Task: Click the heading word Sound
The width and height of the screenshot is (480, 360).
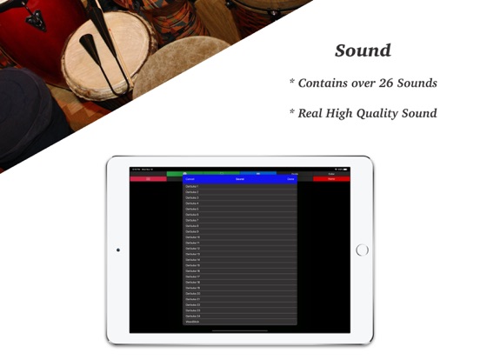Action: click(x=363, y=50)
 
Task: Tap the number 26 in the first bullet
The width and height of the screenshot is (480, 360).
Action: click(x=386, y=83)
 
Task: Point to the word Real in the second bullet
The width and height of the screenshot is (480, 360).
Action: click(x=315, y=113)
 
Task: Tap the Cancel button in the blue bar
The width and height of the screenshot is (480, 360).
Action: click(x=190, y=179)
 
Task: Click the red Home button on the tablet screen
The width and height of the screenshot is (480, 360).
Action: click(x=331, y=179)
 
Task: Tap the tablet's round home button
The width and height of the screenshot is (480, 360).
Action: click(x=363, y=250)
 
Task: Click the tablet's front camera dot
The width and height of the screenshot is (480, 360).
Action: click(x=118, y=250)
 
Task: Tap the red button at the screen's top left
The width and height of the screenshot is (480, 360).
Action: click(x=148, y=179)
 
